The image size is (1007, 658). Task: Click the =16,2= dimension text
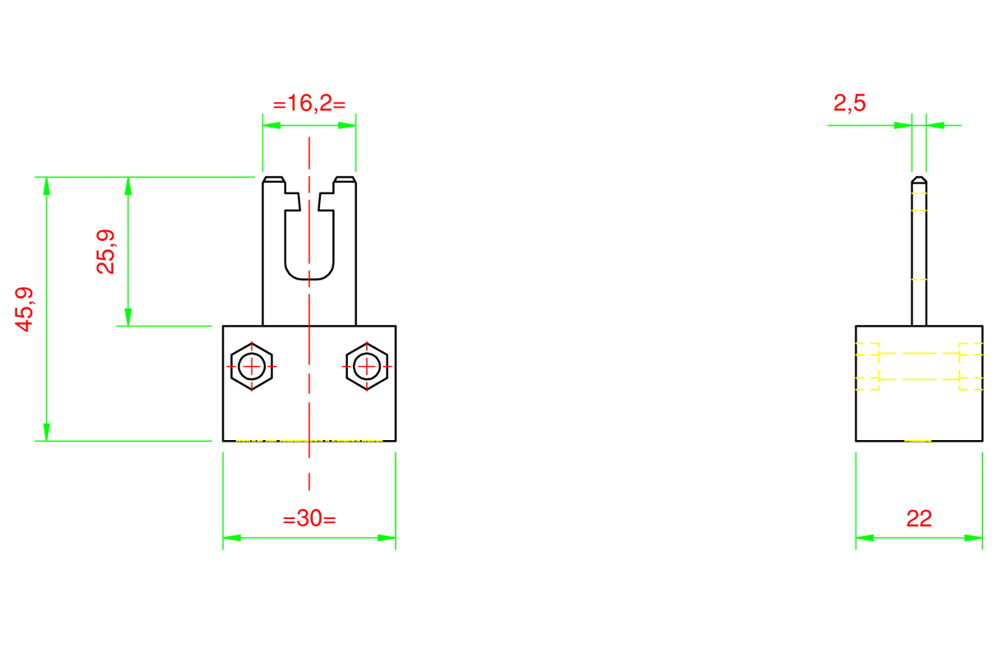309,104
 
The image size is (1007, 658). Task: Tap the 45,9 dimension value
25,309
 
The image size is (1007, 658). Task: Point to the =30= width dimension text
309,519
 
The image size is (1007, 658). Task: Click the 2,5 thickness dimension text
849,104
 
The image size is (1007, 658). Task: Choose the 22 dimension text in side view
919,519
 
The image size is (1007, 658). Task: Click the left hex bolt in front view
252,366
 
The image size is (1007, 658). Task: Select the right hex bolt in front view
366,366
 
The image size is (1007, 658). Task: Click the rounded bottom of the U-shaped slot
309,275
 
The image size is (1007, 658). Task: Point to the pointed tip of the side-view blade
919,178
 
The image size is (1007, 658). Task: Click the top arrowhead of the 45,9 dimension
47,186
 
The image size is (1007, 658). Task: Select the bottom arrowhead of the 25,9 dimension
128,317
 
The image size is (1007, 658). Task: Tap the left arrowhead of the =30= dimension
232,538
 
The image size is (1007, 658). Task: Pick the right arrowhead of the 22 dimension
973,538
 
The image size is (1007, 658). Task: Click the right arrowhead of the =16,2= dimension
347,126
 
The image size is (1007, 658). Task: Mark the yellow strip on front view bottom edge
309,442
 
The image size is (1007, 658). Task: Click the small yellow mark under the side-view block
918,442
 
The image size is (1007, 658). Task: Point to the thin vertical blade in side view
919,255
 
